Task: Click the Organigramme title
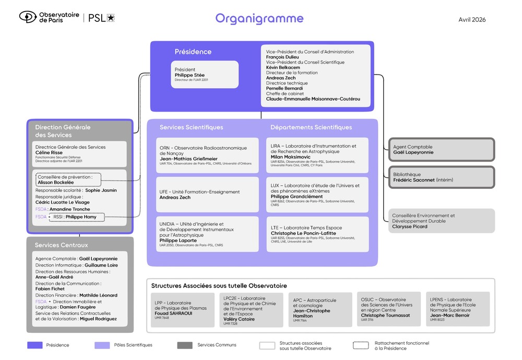[259, 19]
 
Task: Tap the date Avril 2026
[472, 20]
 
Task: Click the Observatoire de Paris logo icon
[28, 17]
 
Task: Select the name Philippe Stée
[189, 75]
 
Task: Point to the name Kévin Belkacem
[283, 67]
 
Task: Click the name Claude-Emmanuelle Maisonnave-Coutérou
[313, 99]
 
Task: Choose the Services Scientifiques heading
[191, 127]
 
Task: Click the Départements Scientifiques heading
[311, 127]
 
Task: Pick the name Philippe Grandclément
[296, 196]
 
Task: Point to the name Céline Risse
[49, 153]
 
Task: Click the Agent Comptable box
[442, 149]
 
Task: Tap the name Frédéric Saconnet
[414, 180]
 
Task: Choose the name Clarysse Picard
[410, 226]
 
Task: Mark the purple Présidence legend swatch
[34, 345]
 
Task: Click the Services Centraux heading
[62, 245]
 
